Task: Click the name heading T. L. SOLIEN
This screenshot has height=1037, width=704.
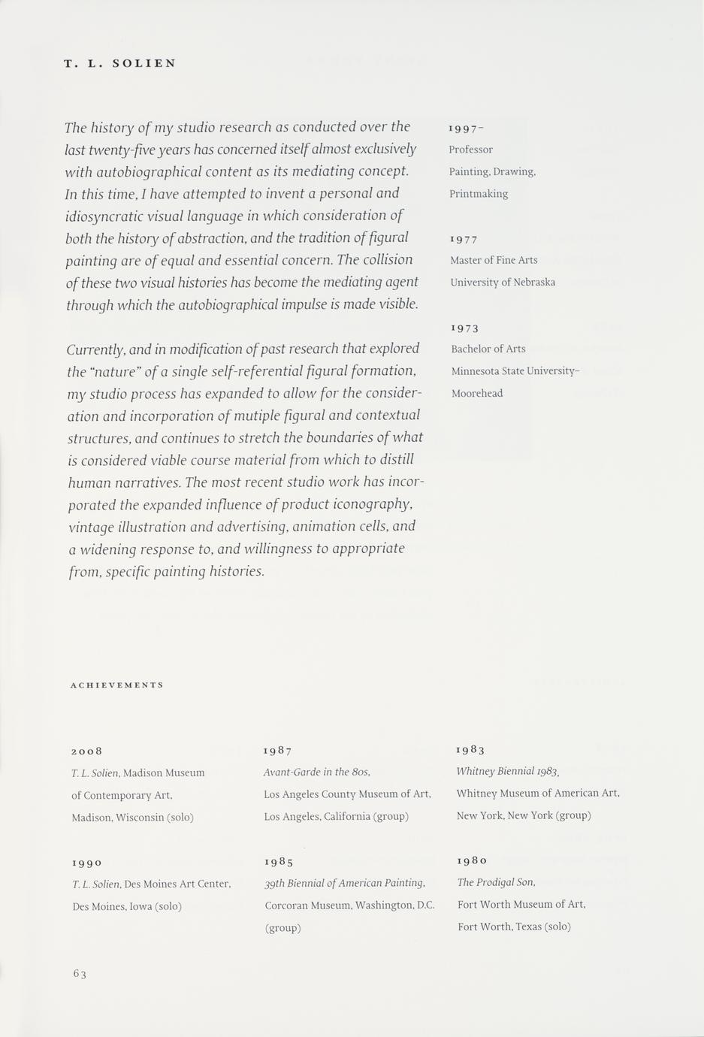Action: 120,64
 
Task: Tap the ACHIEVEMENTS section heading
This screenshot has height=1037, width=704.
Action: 116,685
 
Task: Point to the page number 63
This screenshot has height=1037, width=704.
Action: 80,974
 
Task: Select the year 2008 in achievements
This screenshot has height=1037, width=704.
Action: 86,751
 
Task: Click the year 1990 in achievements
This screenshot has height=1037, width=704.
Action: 87,863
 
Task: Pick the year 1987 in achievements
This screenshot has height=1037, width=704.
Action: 277,750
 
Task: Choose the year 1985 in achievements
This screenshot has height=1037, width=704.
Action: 279,861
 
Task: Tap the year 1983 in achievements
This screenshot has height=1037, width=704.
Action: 470,749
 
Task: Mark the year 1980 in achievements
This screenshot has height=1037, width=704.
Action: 472,860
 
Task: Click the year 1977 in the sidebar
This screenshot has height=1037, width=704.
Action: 464,239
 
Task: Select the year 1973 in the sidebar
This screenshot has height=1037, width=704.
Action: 464,328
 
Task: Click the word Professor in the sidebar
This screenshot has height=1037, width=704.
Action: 470,150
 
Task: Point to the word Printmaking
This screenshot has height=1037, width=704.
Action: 479,194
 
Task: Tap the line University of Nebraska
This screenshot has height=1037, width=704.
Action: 503,283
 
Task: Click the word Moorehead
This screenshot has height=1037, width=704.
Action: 477,393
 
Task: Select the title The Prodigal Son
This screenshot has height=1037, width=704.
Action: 496,882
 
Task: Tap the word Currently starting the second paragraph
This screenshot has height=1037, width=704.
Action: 95,349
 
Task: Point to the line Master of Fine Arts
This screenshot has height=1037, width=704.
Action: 494,260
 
